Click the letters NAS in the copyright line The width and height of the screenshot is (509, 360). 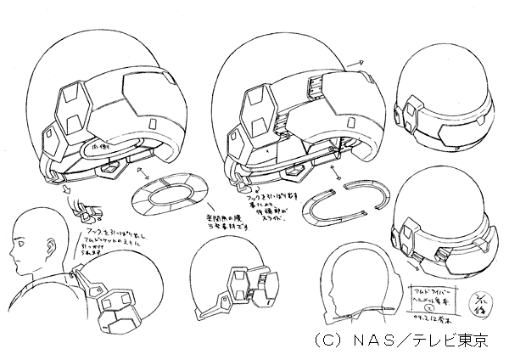(357, 340)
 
